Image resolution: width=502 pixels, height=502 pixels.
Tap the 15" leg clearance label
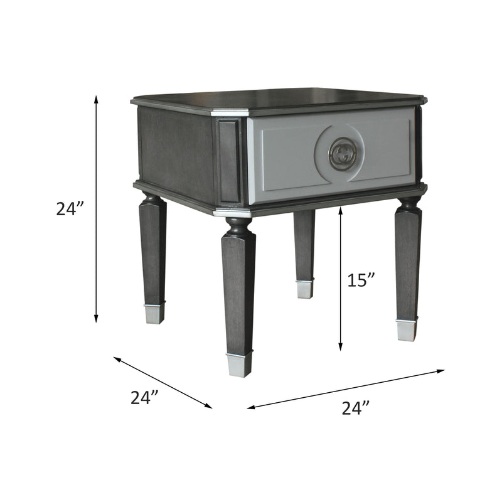[x=361, y=280]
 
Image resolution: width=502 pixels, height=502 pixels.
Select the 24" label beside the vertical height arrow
[x=70, y=209]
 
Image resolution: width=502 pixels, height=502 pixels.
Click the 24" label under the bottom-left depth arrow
[x=144, y=398]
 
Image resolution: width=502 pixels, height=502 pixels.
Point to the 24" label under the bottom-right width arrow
[x=356, y=408]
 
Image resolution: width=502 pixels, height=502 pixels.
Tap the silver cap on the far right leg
[x=406, y=329]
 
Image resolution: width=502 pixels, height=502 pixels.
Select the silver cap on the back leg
[x=304, y=289]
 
